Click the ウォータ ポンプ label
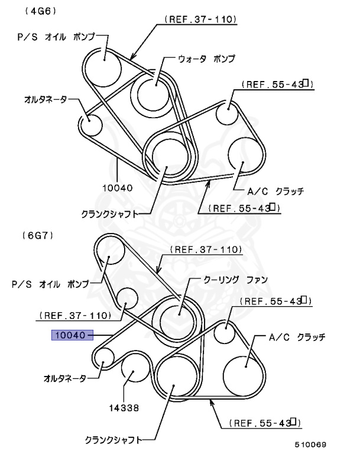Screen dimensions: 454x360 (x=206, y=59)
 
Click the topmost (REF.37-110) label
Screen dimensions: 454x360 (x=197, y=20)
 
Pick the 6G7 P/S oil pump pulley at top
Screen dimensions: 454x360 (x=109, y=252)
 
